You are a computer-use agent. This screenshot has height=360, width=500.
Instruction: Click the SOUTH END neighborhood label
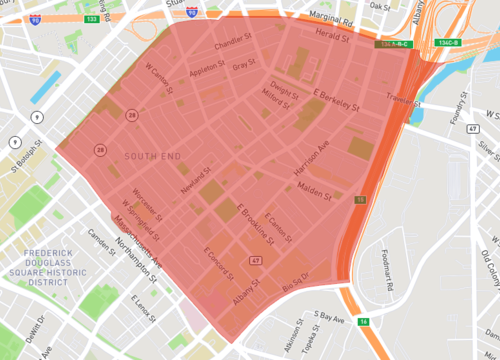click(x=153, y=157)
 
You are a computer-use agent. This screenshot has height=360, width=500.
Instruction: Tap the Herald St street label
click(x=334, y=35)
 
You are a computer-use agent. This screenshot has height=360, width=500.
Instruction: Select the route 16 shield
click(x=364, y=321)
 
